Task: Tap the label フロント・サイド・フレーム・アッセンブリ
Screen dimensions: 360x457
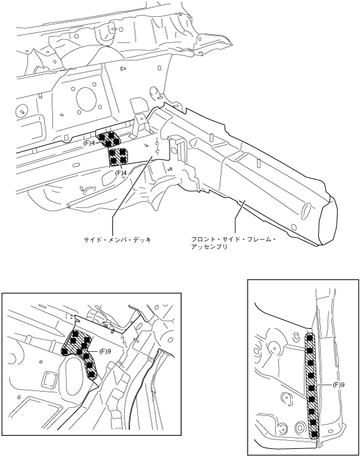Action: pos(233,243)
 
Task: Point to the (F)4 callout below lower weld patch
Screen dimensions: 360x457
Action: pos(121,172)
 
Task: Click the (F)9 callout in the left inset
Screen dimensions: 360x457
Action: pos(105,352)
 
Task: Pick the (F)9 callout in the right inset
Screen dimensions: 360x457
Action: pos(339,385)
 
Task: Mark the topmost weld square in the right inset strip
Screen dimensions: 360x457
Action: pos(310,337)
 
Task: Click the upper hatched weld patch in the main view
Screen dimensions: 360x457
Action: pos(108,139)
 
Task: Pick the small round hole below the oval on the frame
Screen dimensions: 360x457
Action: pos(294,227)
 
